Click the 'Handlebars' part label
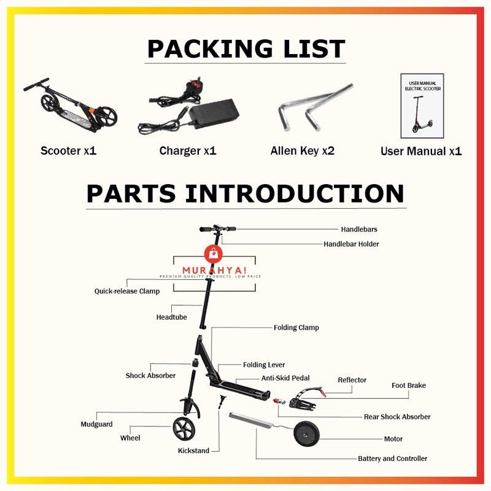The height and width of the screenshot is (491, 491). pos(359,229)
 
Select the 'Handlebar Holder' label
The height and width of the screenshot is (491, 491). pos(351,244)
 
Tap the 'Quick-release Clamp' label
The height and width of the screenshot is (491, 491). pos(126,291)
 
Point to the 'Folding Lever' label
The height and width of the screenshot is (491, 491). pos(264,365)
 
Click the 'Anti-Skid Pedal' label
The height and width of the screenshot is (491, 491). pos(285,378)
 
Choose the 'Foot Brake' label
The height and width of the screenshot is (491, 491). pos(408,385)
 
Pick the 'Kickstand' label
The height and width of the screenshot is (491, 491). pos(193,450)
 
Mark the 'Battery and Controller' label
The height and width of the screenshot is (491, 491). pos(392,458)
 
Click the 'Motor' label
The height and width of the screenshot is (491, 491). pos(393,439)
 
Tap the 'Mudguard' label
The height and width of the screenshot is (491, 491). pos(96,424)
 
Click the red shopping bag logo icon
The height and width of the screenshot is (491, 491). pos(211,253)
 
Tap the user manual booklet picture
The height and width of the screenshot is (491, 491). pos(422,106)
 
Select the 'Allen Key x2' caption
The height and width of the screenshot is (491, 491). pos(302,150)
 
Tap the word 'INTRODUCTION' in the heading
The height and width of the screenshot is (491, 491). pos(295,193)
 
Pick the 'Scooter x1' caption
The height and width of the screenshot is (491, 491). pos(69,150)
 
